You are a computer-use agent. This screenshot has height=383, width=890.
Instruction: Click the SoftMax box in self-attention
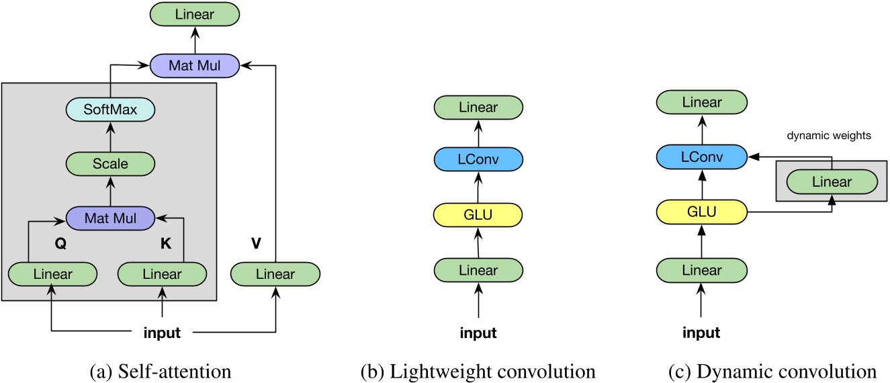(x=109, y=109)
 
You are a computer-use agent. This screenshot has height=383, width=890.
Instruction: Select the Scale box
(x=109, y=163)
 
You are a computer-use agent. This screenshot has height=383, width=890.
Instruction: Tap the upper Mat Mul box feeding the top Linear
(x=195, y=65)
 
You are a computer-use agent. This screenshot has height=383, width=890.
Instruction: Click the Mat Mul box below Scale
(x=109, y=218)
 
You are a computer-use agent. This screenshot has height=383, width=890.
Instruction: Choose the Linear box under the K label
(x=162, y=274)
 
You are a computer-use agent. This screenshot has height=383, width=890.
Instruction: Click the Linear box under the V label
(x=275, y=274)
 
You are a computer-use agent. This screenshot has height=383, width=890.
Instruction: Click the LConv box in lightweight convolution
(x=478, y=159)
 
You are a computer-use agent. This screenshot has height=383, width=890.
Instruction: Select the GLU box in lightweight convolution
(x=478, y=215)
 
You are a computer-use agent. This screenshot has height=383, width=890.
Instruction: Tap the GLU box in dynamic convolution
(x=701, y=212)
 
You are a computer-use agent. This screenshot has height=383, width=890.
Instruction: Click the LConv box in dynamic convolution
(x=701, y=157)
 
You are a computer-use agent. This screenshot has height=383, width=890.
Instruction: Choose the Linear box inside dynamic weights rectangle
(x=832, y=181)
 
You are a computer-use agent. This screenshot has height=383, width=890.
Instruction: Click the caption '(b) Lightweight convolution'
(x=478, y=370)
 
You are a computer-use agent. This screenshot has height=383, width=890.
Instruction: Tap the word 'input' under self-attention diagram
(x=163, y=331)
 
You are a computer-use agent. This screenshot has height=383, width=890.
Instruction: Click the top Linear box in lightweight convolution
(x=478, y=108)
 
